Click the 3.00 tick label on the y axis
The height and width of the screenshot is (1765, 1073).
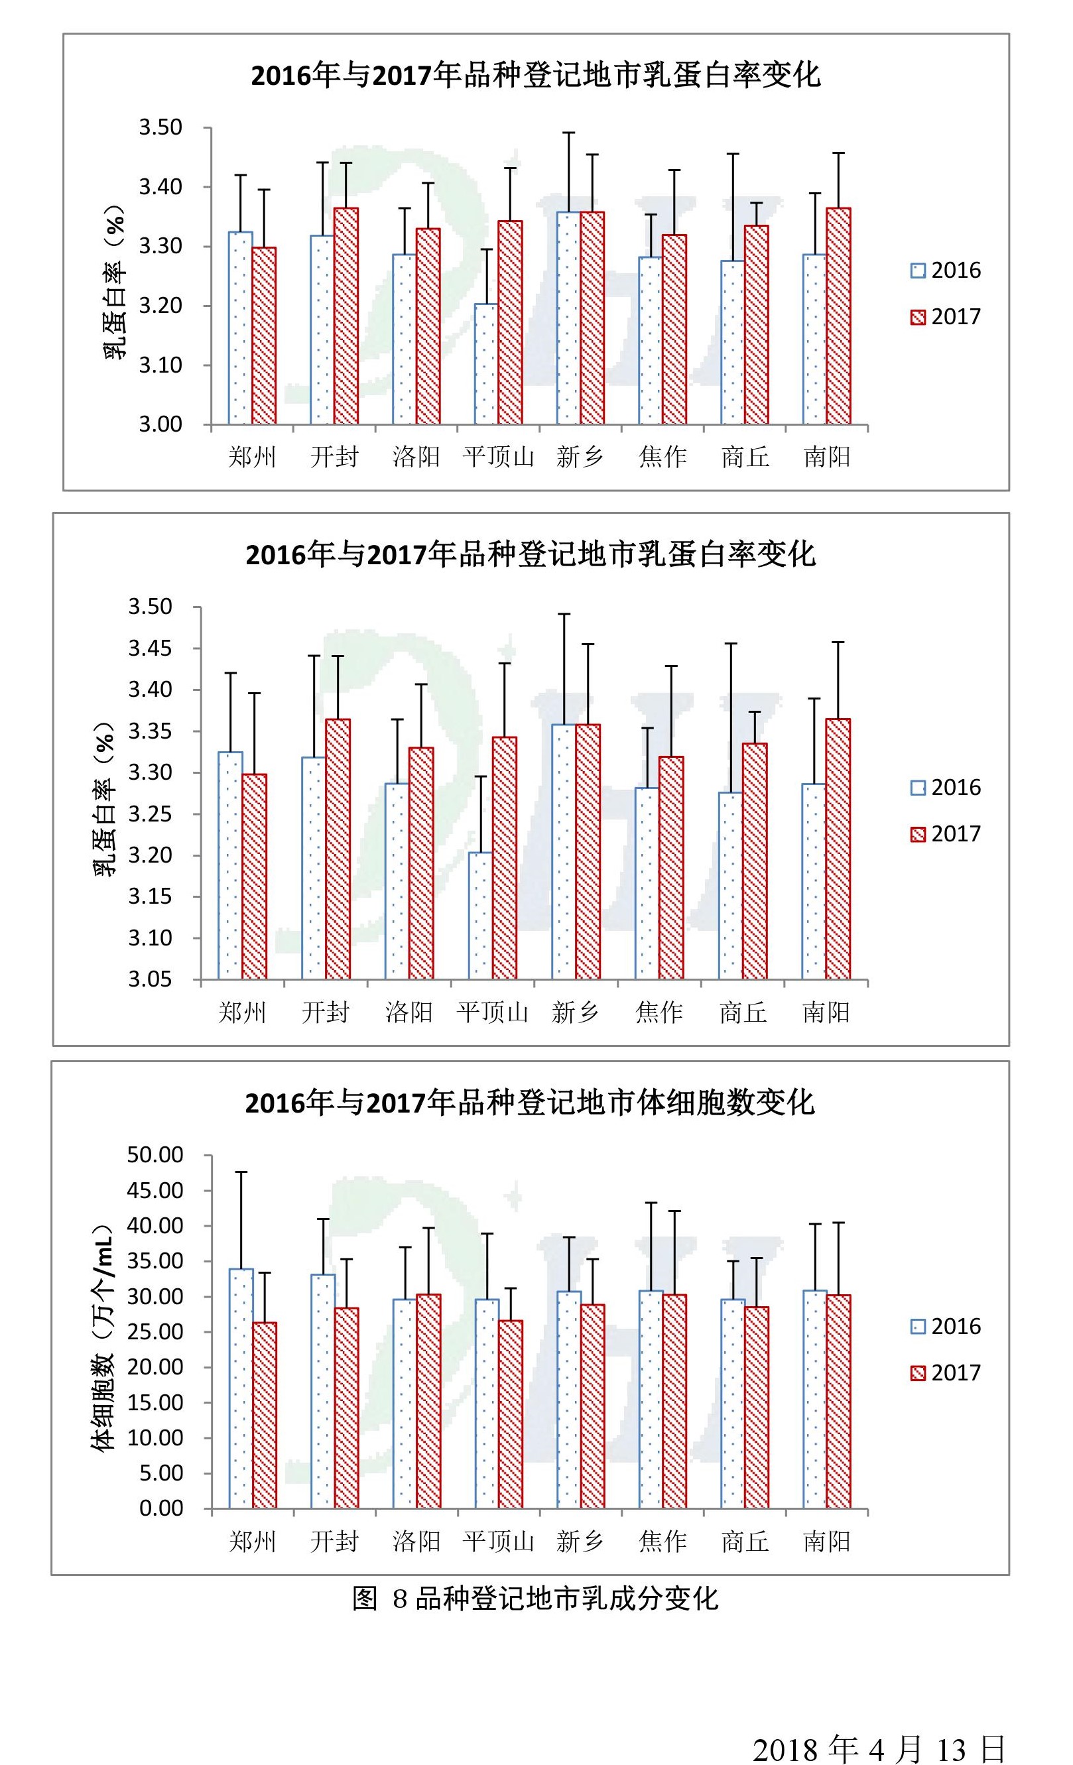160,425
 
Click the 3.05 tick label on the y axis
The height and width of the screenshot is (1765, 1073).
150,979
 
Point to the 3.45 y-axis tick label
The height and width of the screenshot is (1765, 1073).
150,649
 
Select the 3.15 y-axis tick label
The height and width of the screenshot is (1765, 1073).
150,897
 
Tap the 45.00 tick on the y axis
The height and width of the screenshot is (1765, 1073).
155,1191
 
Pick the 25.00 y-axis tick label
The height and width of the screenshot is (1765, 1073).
155,1331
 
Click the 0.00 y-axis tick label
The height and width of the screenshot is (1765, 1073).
160,1508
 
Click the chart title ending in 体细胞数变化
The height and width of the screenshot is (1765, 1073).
529,1103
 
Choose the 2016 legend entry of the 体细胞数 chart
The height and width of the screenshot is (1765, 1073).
945,1327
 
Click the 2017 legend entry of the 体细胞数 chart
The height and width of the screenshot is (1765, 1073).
945,1372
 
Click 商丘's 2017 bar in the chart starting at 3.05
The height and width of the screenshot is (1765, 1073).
754,861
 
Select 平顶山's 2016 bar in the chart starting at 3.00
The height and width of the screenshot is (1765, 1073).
485,364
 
